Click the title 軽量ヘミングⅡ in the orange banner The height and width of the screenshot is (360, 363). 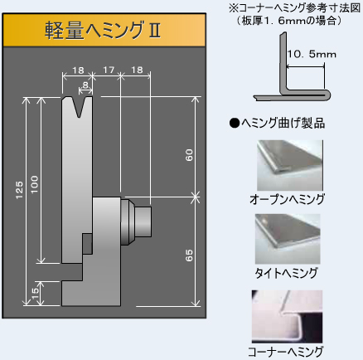(x=103, y=30)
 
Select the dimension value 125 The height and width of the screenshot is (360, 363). (x=19, y=190)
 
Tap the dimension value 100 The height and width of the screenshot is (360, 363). (x=34, y=184)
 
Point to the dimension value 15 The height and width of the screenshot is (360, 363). (x=35, y=294)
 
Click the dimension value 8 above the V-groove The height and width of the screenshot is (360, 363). (x=85, y=85)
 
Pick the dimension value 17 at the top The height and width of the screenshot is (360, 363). (x=109, y=70)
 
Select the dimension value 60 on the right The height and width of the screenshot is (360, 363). (x=189, y=155)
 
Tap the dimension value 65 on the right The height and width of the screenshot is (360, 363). (x=189, y=255)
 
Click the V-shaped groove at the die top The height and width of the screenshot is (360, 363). (x=80, y=107)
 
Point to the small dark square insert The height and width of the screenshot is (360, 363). (x=88, y=244)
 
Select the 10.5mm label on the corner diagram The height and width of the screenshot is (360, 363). (x=312, y=54)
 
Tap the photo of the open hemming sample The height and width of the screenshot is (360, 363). (x=290, y=165)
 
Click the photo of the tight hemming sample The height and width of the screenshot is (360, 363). (x=288, y=239)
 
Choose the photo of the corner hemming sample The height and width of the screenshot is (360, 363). (x=287, y=316)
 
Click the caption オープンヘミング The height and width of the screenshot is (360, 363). (x=287, y=199)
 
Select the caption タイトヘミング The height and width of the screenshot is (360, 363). (x=286, y=273)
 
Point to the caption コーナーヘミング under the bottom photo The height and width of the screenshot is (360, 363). (x=285, y=352)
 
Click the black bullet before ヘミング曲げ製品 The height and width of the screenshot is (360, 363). (x=235, y=123)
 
